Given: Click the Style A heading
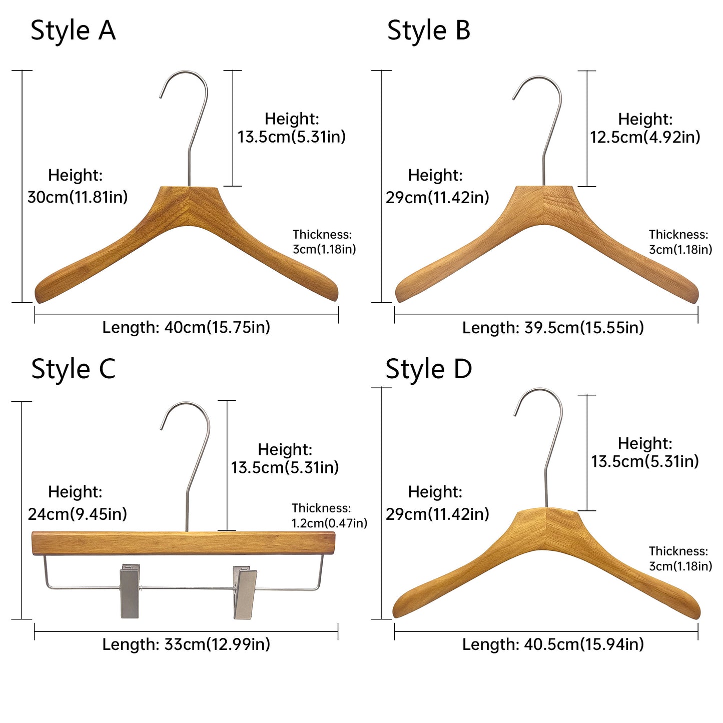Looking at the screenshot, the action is pyautogui.click(x=73, y=31).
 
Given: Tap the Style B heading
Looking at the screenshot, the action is pyautogui.click(x=428, y=31).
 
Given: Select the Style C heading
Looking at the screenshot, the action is pyautogui.click(x=73, y=369).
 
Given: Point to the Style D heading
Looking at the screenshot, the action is pyautogui.click(x=428, y=369).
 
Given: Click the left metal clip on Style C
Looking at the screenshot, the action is pyautogui.click(x=130, y=590).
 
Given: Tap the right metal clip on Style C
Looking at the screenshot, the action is pyautogui.click(x=245, y=592).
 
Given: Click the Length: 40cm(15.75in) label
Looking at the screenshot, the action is pyautogui.click(x=186, y=328).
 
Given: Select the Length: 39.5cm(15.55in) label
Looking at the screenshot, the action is pyautogui.click(x=553, y=328).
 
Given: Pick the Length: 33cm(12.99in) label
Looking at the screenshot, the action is pyautogui.click(x=186, y=644).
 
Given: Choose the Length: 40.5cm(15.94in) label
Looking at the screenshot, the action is pyautogui.click(x=553, y=644).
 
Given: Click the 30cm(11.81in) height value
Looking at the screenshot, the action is pyautogui.click(x=78, y=197).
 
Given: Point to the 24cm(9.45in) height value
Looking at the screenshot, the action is pyautogui.click(x=77, y=514).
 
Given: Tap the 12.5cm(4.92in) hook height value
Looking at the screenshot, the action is pyautogui.click(x=645, y=137).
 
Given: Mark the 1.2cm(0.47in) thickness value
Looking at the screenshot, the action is pyautogui.click(x=329, y=523).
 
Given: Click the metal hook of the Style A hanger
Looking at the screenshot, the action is pyautogui.click(x=184, y=128).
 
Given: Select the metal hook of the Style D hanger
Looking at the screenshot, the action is pyautogui.click(x=538, y=448).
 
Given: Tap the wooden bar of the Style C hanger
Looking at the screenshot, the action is pyautogui.click(x=184, y=543).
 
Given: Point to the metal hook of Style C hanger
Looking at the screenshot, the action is pyautogui.click(x=185, y=466).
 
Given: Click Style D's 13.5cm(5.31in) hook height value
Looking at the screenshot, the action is pyautogui.click(x=645, y=461).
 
